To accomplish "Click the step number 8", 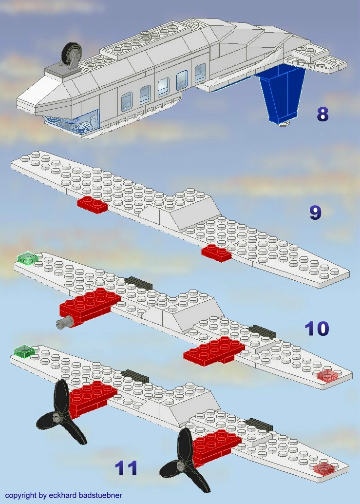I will (x=322, y=114).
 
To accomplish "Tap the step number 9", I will (x=315, y=213).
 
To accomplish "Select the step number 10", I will (x=317, y=329).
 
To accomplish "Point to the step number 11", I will (x=126, y=468).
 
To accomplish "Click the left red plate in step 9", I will (x=93, y=205).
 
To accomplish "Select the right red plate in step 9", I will (x=217, y=253).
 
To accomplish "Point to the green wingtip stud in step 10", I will (x=27, y=258).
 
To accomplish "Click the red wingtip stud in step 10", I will (x=327, y=375).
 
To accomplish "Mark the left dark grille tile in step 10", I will (x=138, y=283).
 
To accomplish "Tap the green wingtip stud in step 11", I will (x=24, y=351).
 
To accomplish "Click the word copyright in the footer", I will (x=21, y=495).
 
